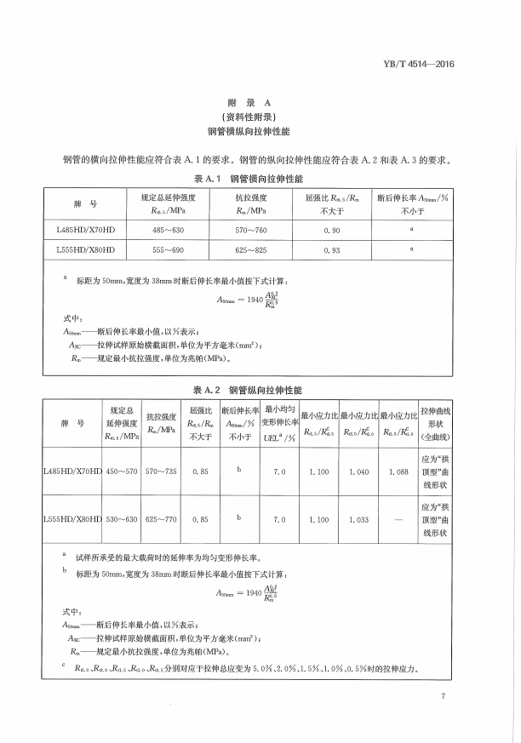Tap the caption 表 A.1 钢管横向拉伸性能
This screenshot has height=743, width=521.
[254, 181]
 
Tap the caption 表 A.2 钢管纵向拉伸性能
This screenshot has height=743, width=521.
[254, 388]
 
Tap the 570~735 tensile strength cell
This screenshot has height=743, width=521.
[161, 471]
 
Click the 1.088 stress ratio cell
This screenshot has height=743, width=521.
[398, 471]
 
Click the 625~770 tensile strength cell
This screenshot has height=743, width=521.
[161, 518]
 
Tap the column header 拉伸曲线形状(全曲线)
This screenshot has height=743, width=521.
[437, 423]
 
